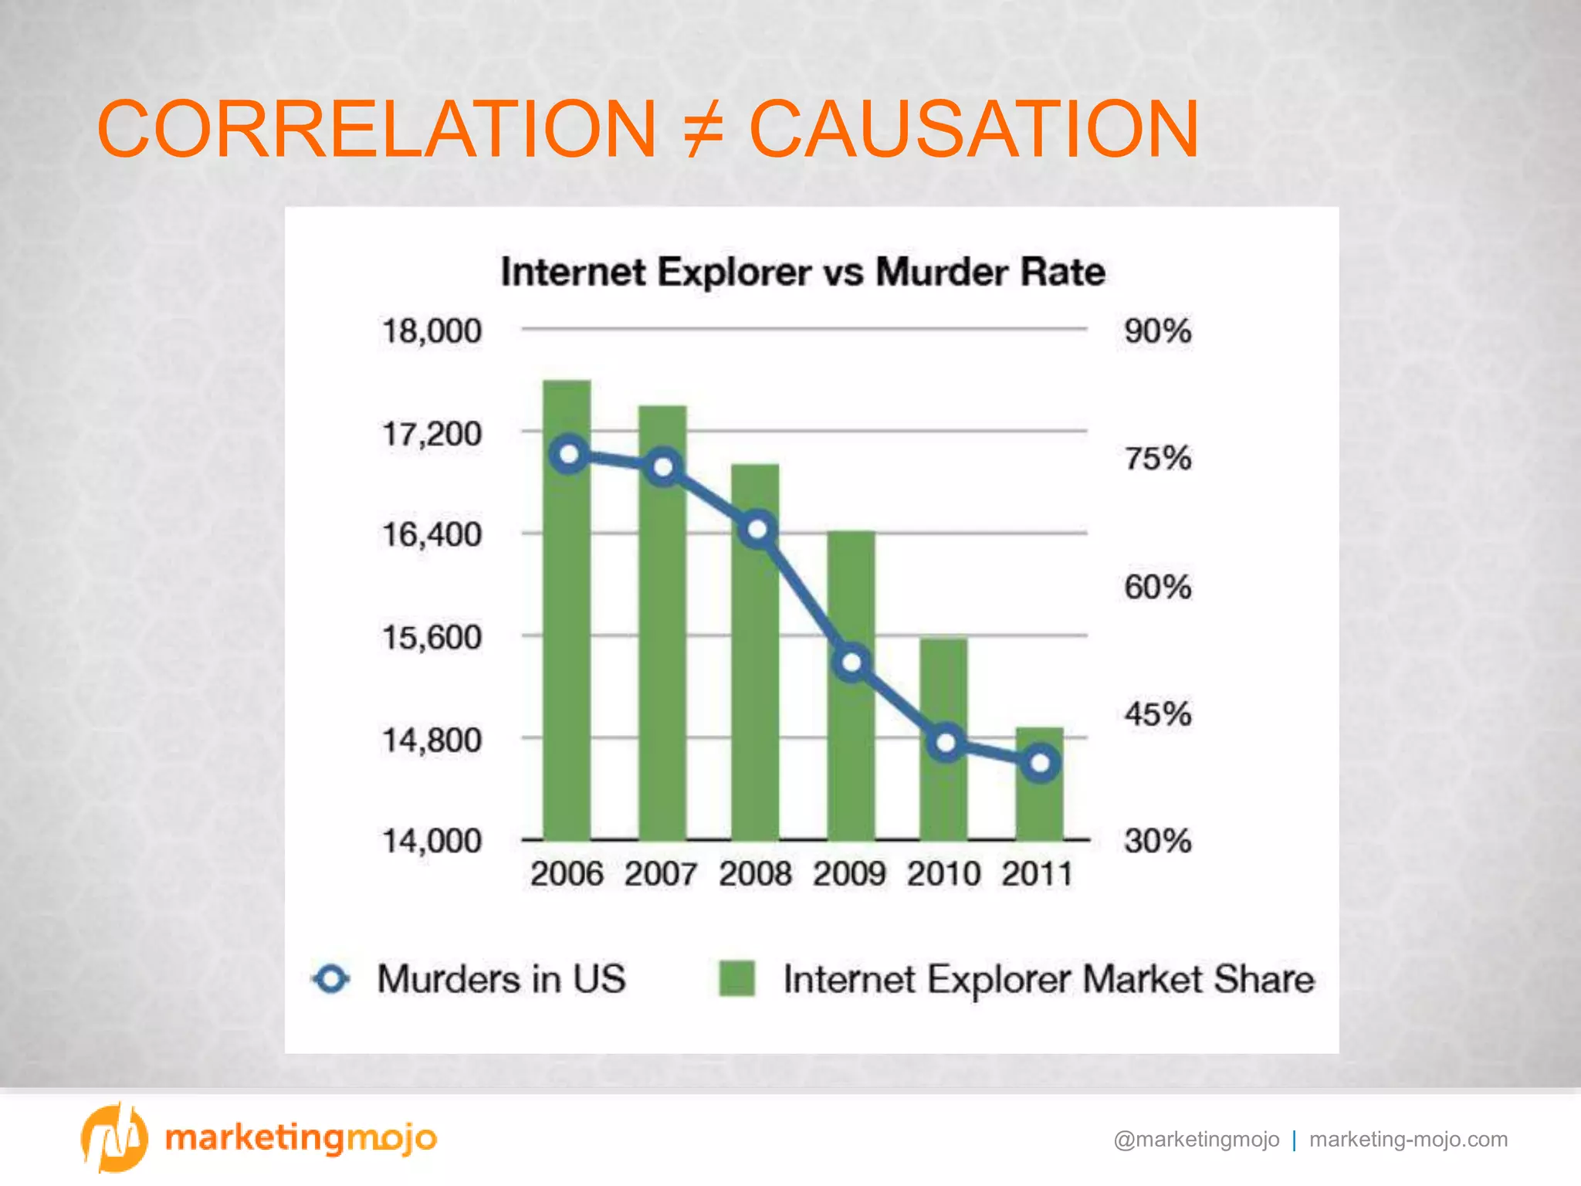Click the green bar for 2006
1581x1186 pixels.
567,656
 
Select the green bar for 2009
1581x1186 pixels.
851,757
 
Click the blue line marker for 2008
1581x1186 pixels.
758,530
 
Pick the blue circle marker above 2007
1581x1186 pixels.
663,467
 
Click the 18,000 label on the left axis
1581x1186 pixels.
432,331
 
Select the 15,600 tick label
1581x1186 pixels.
432,638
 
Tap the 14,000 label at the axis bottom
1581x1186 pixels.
432,841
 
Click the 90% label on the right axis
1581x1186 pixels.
1157,331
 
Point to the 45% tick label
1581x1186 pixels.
1157,714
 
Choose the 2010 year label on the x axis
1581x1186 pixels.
943,875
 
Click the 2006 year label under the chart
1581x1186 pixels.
567,875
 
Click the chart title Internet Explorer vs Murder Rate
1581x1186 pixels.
803,273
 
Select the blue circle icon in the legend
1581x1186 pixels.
332,979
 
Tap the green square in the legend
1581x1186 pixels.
736,979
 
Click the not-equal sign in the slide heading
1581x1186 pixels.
703,130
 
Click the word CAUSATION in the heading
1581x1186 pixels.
974,130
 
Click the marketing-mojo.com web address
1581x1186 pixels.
1408,1140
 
